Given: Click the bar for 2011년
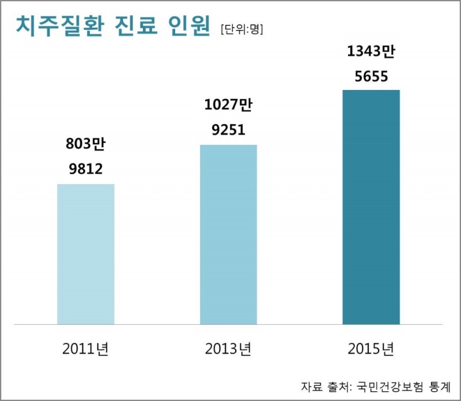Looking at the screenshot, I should pyautogui.click(x=86, y=254).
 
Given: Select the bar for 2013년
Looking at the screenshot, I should pyautogui.click(x=228, y=234).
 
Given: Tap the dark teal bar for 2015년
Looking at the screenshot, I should pyautogui.click(x=371, y=207).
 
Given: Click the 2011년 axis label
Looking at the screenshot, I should pyautogui.click(x=86, y=349).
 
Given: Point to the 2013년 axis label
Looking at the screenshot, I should pyautogui.click(x=228, y=349).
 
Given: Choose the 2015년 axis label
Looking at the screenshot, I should pyautogui.click(x=371, y=349).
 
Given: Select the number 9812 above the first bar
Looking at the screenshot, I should pyautogui.click(x=86, y=169).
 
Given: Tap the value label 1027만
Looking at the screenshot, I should pyautogui.click(x=229, y=106).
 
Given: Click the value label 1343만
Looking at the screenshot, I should pyautogui.click(x=371, y=52).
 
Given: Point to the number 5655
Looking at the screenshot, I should pyautogui.click(x=371, y=76).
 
